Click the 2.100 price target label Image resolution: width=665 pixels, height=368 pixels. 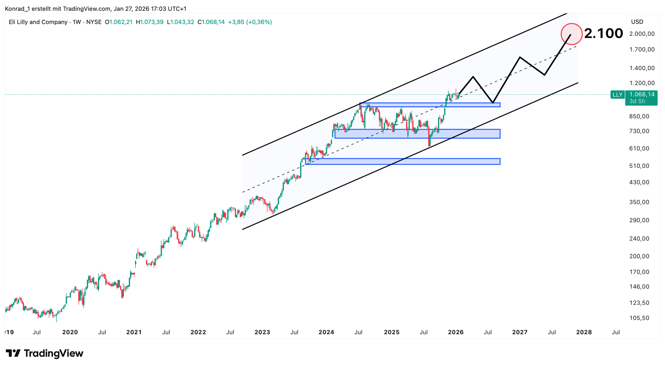[x=603, y=33]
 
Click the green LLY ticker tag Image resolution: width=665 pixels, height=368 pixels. [x=617, y=95]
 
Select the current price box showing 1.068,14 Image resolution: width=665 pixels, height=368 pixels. [x=641, y=98]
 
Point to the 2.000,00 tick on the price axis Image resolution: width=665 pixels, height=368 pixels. [x=642, y=34]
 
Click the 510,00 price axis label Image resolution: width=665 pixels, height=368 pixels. [x=639, y=166]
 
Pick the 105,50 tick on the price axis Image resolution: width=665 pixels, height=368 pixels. [x=639, y=318]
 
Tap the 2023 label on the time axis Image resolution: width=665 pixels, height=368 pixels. [x=262, y=332]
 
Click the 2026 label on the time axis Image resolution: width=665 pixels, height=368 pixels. [x=456, y=332]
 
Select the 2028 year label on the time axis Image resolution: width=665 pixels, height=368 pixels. [x=584, y=332]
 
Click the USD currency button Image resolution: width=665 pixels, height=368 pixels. [x=637, y=22]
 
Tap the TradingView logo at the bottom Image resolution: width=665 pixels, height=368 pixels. [x=44, y=353]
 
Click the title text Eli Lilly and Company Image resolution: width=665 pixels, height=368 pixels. [x=38, y=22]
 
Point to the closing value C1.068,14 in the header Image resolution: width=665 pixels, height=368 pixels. [x=211, y=22]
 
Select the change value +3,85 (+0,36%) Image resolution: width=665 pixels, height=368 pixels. [x=250, y=22]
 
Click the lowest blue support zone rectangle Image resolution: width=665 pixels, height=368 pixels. [x=403, y=161]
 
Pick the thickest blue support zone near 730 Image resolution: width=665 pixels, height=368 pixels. [x=417, y=134]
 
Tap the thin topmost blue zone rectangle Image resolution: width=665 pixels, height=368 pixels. [x=430, y=105]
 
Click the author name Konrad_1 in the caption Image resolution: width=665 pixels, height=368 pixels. [x=17, y=9]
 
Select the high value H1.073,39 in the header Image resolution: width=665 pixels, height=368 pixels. [x=150, y=22]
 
